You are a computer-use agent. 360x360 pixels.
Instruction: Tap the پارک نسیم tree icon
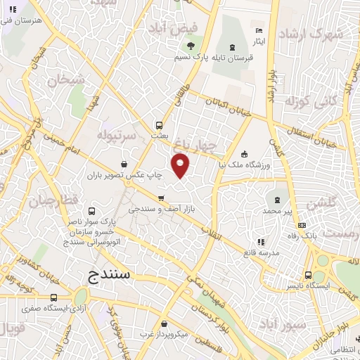coord(191,46)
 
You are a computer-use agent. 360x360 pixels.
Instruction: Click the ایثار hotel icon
coord(259,31)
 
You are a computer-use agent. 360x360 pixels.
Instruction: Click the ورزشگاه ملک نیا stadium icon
coord(244,154)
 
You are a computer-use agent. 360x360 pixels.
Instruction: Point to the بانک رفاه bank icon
coord(302,225)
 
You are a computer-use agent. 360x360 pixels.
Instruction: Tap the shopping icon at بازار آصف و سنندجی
coord(162,197)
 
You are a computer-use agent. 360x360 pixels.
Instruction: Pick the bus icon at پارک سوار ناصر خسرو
coord(91,210)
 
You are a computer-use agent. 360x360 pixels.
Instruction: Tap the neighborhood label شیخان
coord(67,79)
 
